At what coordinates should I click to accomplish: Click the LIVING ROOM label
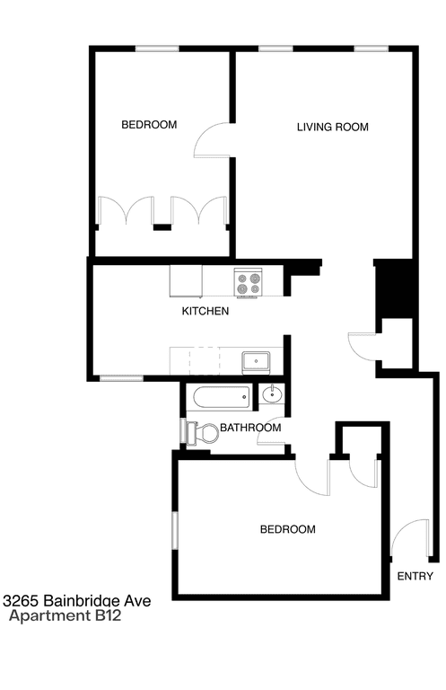(332, 127)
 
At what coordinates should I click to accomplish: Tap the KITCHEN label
(206, 312)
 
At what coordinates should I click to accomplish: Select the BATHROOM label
(250, 428)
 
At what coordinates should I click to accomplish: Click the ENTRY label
(415, 577)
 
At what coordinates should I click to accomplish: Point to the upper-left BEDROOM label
(149, 125)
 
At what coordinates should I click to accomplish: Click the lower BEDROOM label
(287, 529)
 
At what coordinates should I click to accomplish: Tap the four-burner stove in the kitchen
(249, 283)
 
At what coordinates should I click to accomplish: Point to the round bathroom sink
(271, 394)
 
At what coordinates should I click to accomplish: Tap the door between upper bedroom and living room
(214, 140)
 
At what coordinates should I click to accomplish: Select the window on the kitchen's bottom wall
(122, 378)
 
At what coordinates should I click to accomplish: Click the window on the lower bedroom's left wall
(175, 529)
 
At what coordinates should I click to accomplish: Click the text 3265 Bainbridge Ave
(75, 600)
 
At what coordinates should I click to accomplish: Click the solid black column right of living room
(392, 287)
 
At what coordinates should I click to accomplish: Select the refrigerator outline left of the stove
(187, 281)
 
